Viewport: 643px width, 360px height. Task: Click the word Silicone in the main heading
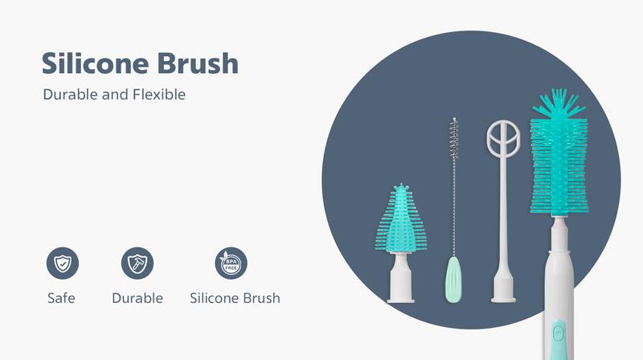pos(95,63)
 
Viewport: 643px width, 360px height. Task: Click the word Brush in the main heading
pos(198,63)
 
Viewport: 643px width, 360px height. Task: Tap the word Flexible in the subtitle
pos(159,95)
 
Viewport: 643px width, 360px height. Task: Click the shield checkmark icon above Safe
pos(63,264)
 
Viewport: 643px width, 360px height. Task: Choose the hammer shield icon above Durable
pos(137,264)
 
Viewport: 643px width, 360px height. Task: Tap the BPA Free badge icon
pos(231,264)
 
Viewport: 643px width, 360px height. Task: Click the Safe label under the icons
pos(61,298)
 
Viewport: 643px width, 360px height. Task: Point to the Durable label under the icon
pos(137,298)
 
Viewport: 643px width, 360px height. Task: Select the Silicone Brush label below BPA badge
pos(235,298)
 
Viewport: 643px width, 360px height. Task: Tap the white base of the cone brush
pos(400,278)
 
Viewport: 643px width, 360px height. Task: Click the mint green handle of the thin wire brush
pos(453,280)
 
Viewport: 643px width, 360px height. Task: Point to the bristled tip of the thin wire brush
pos(454,138)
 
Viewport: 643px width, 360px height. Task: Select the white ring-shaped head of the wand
pos(503,138)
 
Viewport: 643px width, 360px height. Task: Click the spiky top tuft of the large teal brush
pos(558,104)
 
